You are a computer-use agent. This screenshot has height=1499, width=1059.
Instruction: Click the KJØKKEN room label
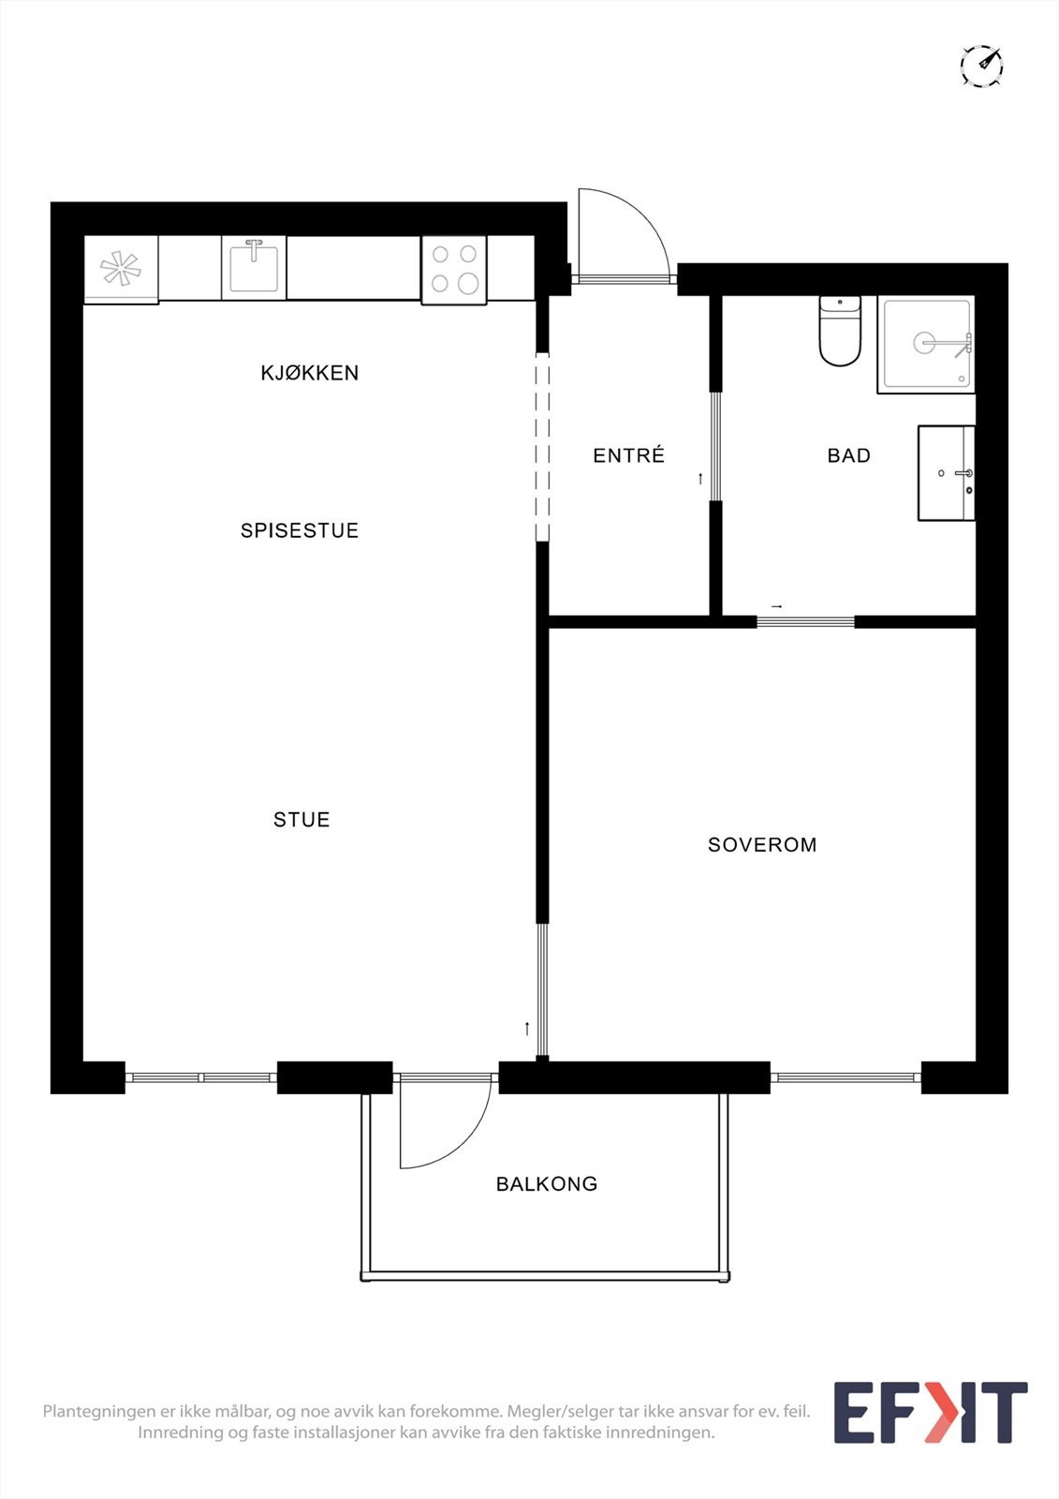(309, 373)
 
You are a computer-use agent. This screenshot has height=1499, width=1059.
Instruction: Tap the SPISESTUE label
(300, 530)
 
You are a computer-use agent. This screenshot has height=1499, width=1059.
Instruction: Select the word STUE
(302, 820)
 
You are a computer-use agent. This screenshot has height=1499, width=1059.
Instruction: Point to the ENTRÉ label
(628, 455)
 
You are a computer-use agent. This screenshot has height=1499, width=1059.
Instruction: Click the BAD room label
(848, 455)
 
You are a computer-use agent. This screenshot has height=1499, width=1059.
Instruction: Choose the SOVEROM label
(762, 845)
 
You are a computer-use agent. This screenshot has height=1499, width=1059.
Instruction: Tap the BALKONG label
(547, 1184)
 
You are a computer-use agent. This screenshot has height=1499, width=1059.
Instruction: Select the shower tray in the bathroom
(926, 345)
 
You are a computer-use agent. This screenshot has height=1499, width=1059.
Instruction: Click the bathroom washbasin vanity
(946, 473)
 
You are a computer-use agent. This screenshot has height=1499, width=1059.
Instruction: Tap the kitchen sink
(254, 268)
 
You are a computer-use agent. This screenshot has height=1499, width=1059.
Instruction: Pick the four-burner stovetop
(454, 270)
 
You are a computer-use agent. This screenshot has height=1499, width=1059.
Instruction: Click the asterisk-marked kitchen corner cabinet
(121, 269)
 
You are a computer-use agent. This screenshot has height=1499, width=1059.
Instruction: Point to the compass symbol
(981, 66)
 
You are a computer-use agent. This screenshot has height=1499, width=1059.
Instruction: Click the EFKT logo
(930, 1412)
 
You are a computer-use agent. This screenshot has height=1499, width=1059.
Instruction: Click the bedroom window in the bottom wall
(846, 1077)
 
